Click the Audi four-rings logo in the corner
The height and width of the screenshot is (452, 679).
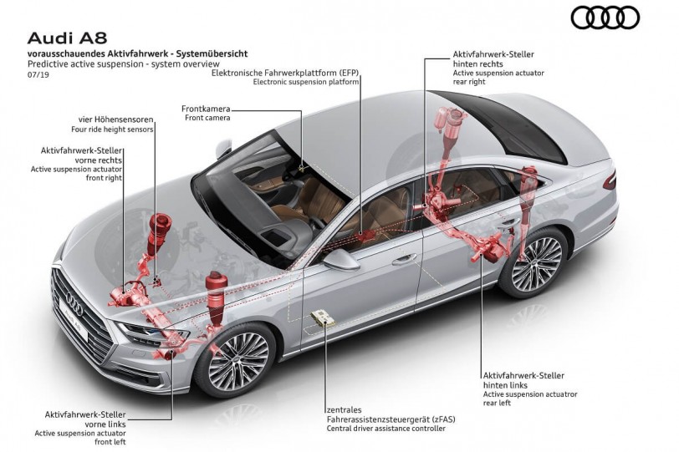[605, 18]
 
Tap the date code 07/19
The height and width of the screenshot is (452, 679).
[38, 74]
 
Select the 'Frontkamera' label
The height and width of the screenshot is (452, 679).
[206, 109]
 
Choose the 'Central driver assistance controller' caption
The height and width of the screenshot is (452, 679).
[385, 429]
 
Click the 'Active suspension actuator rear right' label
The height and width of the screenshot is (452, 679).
[497, 78]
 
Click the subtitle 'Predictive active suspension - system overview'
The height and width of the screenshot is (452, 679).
[123, 63]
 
